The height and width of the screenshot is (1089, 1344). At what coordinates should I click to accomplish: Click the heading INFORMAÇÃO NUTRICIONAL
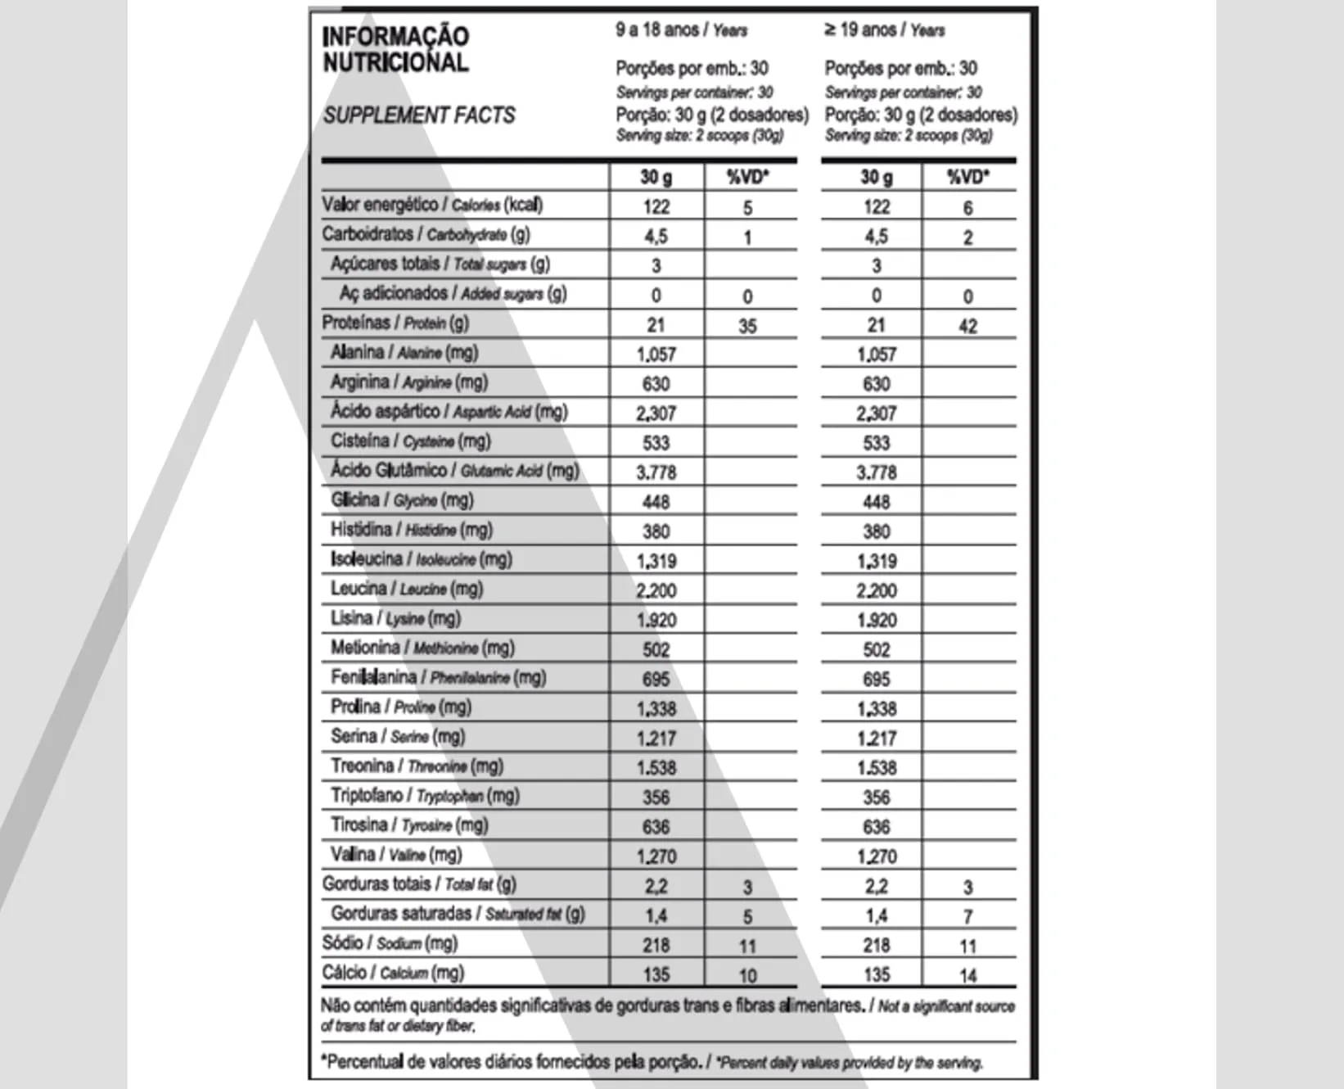tap(395, 49)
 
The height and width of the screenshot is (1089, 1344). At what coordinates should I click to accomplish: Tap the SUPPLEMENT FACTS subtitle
tap(419, 115)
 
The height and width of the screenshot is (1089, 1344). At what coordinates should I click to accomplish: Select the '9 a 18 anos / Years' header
tap(681, 30)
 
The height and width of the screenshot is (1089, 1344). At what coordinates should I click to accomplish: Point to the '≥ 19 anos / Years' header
tap(884, 30)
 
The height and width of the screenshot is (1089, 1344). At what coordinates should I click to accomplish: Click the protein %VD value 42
tap(967, 326)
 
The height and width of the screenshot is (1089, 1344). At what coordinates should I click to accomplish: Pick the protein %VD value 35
tap(747, 326)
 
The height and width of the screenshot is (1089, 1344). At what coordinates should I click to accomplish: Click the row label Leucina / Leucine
tap(407, 589)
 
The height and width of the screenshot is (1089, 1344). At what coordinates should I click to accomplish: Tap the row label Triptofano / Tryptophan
tap(425, 795)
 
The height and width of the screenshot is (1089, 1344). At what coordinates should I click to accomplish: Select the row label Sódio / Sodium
tap(390, 943)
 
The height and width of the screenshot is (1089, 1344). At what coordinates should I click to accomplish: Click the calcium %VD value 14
tap(967, 975)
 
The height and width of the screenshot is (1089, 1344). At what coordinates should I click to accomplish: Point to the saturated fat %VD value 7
tap(967, 916)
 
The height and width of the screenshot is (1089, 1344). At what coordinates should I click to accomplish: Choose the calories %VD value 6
tap(967, 208)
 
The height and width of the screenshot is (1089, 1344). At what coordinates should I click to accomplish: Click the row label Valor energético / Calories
tap(432, 205)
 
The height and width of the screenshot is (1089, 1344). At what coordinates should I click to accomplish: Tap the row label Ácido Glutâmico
tap(454, 470)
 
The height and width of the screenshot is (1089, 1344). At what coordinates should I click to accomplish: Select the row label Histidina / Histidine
tap(412, 530)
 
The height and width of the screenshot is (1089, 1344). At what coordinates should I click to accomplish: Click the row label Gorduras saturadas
tap(458, 914)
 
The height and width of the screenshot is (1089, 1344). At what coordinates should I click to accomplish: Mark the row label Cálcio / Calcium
tap(393, 973)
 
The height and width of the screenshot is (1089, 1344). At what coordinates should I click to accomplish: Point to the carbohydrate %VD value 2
tap(967, 237)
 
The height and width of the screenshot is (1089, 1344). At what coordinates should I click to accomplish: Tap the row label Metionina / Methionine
tap(422, 648)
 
